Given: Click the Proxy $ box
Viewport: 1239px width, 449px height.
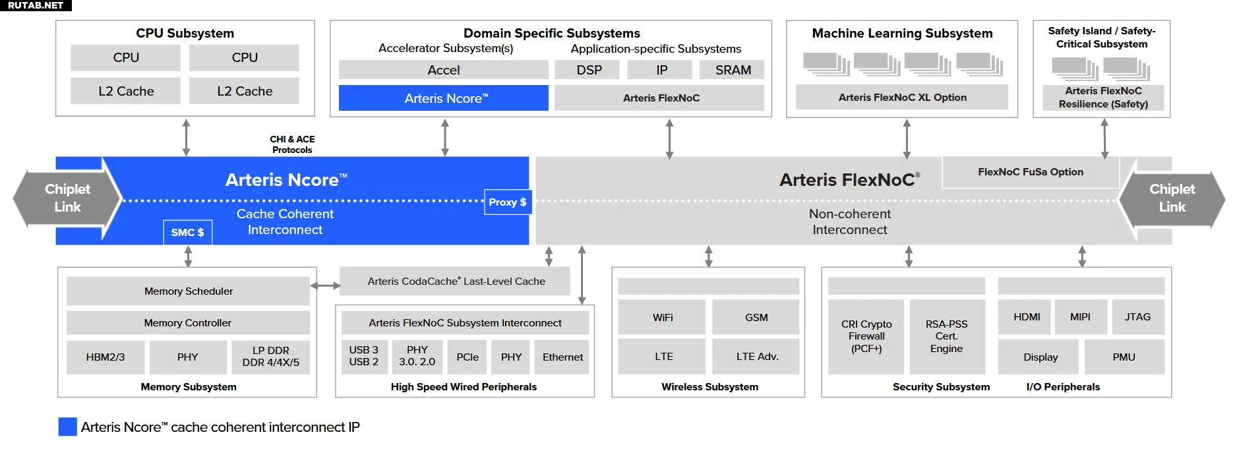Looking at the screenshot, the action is click(x=507, y=202).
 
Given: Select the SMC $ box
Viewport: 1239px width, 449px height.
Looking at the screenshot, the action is click(x=188, y=232).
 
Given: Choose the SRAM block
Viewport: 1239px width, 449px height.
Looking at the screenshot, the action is click(x=732, y=70).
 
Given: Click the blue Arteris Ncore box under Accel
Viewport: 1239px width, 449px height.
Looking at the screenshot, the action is click(x=444, y=98).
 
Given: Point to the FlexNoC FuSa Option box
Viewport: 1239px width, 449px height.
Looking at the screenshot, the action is click(x=1031, y=172).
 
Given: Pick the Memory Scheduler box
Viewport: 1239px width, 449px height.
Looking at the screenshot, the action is click(x=188, y=291).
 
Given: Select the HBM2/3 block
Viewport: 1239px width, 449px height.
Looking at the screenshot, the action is click(x=106, y=357).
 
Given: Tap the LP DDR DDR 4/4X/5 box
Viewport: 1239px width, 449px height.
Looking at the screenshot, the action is click(x=271, y=357).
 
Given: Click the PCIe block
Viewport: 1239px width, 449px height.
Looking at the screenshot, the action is click(x=468, y=357).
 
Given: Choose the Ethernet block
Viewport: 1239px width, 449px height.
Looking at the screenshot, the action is click(x=562, y=357).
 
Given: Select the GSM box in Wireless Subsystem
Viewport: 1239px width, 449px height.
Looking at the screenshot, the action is click(x=756, y=317).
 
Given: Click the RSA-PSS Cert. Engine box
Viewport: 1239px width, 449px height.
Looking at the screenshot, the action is click(x=947, y=337).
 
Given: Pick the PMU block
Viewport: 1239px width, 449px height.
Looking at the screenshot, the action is click(x=1124, y=357).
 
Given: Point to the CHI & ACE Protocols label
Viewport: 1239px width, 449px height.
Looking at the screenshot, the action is click(x=292, y=144).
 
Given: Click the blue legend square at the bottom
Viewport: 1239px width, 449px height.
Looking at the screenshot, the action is click(x=67, y=427).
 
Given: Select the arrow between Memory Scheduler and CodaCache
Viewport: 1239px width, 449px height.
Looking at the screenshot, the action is click(x=325, y=285).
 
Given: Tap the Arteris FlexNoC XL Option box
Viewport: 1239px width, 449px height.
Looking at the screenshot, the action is click(x=902, y=98).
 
